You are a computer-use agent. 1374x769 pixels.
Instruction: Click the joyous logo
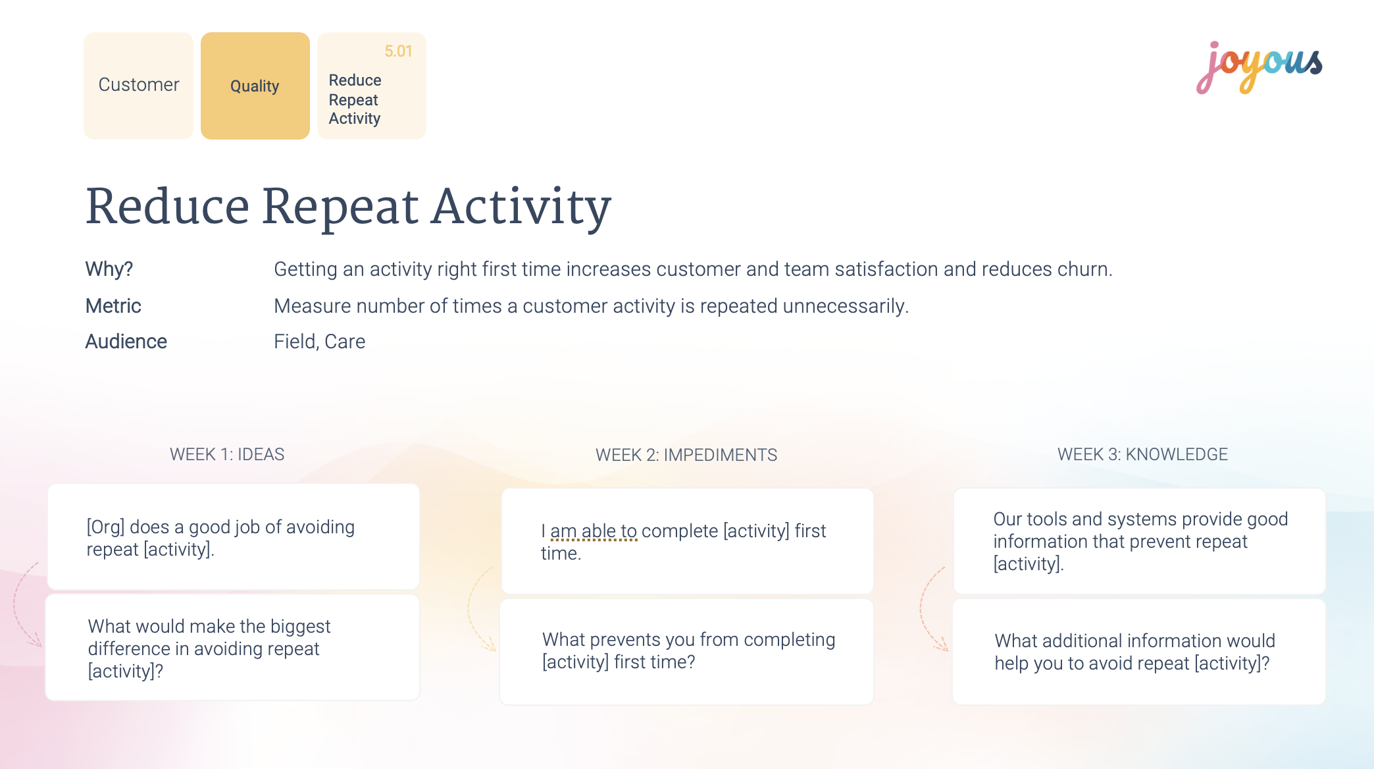pyautogui.click(x=1259, y=67)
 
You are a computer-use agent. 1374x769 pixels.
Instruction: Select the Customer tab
pyautogui.click(x=138, y=86)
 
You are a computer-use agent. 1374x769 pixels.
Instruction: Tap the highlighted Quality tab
pyautogui.click(x=255, y=86)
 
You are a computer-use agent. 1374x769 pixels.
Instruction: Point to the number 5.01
pyautogui.click(x=398, y=51)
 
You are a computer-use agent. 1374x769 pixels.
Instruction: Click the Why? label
pyautogui.click(x=109, y=269)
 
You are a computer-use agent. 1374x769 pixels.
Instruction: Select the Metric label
pyautogui.click(x=113, y=306)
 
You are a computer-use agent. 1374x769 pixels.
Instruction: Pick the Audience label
pyautogui.click(x=126, y=342)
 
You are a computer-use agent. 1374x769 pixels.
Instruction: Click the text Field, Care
pyautogui.click(x=319, y=342)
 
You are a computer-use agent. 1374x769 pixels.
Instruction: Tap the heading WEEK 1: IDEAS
pyautogui.click(x=227, y=454)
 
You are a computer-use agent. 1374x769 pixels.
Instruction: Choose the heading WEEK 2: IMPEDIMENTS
pyautogui.click(x=686, y=455)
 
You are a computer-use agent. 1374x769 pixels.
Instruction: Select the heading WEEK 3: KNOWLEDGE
pyautogui.click(x=1142, y=454)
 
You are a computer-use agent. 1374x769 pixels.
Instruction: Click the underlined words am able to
pyautogui.click(x=594, y=531)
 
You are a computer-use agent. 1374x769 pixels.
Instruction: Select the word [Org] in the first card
pyautogui.click(x=105, y=527)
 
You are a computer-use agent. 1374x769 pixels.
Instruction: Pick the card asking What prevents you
pyautogui.click(x=687, y=652)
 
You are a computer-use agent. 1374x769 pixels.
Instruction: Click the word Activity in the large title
pyautogui.click(x=521, y=207)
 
